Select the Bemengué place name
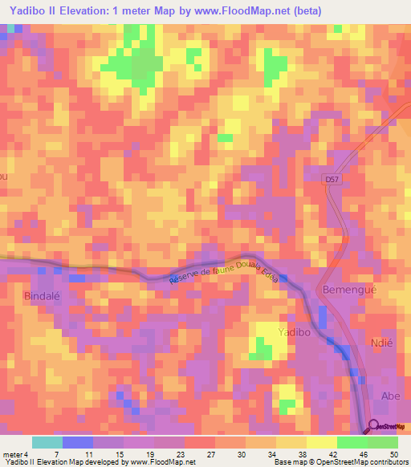pos(348,288)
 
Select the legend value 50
pos(393,453)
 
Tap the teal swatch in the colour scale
pos(47,442)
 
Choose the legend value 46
pos(363,453)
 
